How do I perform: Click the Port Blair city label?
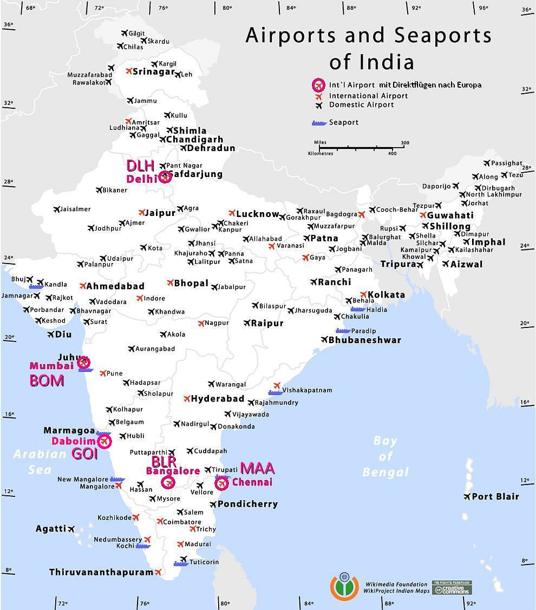click(495, 496)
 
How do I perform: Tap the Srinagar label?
click(154, 72)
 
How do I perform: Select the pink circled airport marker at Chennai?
click(221, 483)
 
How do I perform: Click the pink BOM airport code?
click(47, 381)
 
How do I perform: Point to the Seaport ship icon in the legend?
click(319, 123)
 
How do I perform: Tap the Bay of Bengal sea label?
click(385, 456)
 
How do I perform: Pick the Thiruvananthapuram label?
click(101, 572)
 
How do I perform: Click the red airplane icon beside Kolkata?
click(363, 294)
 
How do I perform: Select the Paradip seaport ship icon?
click(343, 330)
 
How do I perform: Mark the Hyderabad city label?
click(218, 399)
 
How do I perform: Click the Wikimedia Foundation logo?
click(344, 586)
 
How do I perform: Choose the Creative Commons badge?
click(452, 587)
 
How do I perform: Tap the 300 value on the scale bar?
click(405, 143)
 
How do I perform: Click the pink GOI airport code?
click(84, 454)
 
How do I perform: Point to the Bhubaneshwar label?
click(364, 340)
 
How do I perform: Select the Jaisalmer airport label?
click(75, 209)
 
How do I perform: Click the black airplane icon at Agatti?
click(71, 529)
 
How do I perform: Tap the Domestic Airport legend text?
click(361, 105)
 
